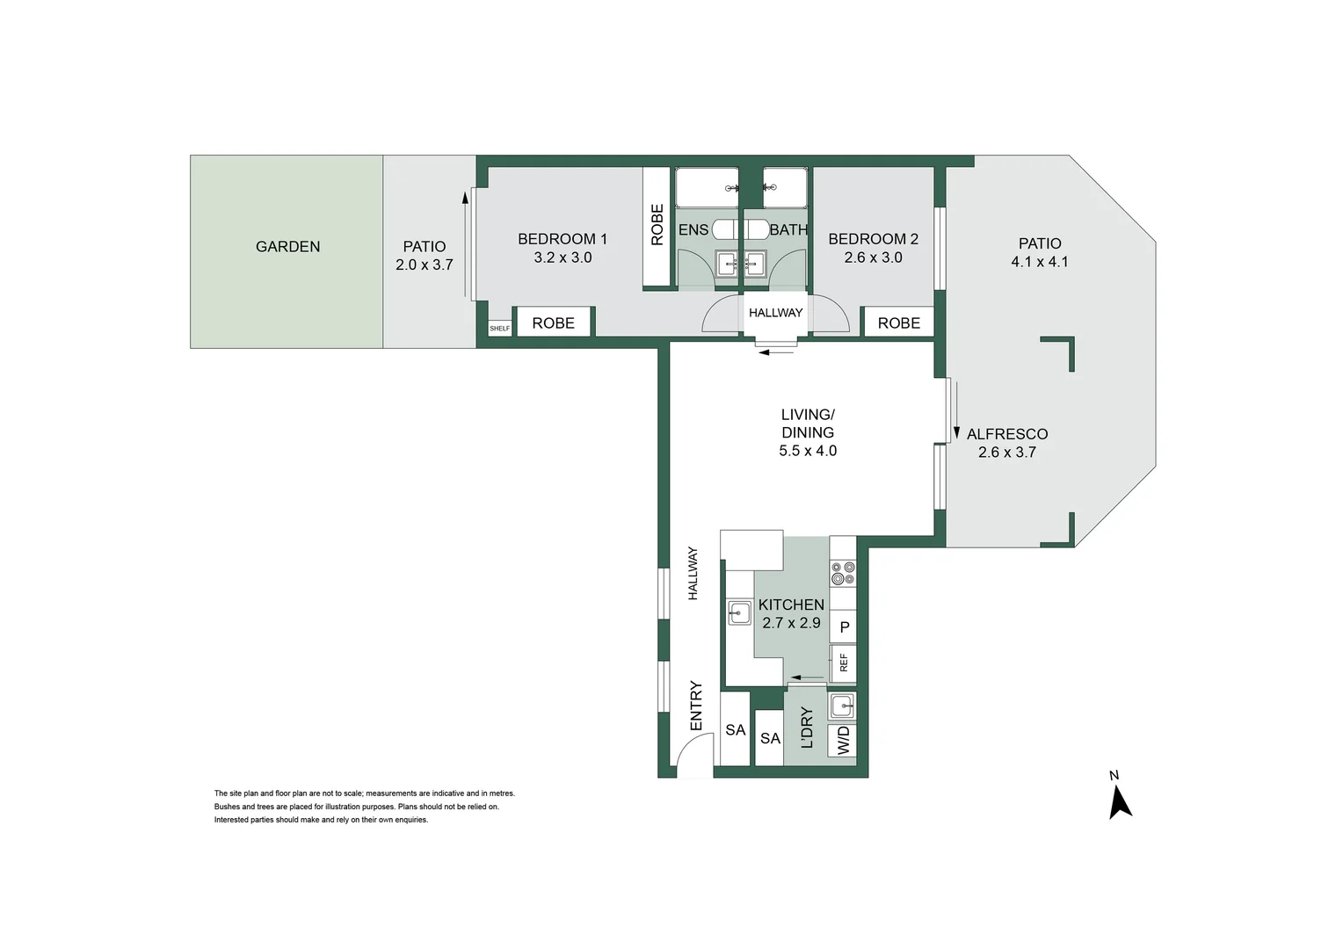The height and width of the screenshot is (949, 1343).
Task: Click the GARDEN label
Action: pos(287,247)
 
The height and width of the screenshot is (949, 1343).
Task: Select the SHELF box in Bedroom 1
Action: pos(499,328)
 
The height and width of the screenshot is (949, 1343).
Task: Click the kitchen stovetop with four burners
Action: pos(843,573)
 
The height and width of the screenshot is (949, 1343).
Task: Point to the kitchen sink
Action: pos(739,612)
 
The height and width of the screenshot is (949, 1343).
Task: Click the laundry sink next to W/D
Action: pos(842,706)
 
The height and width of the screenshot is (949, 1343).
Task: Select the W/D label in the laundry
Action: pos(844,740)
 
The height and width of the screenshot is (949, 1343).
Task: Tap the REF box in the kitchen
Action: pos(844,663)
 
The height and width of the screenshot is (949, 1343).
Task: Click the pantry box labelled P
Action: pos(844,627)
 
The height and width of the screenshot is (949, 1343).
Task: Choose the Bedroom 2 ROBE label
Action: pos(898,323)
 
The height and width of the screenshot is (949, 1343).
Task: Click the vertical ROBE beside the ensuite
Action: pos(657,225)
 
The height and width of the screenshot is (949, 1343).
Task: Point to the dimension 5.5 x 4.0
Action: pos(807,451)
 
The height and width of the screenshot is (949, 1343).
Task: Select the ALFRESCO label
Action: pos(1006,434)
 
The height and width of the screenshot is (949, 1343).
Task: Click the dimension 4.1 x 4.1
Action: pos(1039,262)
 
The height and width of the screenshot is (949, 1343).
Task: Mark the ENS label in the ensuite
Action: pos(693,230)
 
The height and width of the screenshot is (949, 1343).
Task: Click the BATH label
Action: pos(788,230)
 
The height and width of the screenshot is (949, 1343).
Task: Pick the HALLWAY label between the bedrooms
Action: pos(775,313)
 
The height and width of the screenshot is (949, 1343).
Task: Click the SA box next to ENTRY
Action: pos(735,730)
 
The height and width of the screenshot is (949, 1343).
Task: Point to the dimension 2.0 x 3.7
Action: pos(424,264)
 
